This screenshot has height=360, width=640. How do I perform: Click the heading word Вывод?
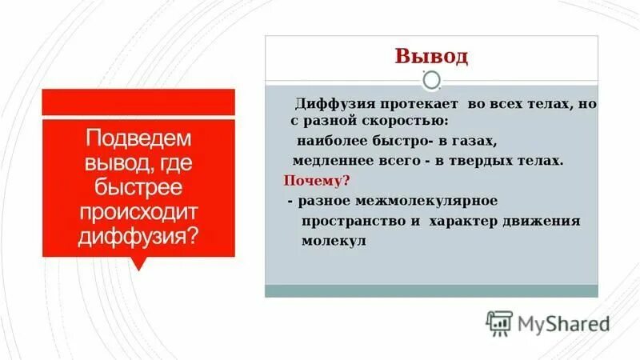[431, 57]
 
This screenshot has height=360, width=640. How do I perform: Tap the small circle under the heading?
[431, 80]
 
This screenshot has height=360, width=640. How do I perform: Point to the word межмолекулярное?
[427, 200]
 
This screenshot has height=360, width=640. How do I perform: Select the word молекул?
[334, 240]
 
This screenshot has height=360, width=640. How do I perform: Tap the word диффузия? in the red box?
[138, 238]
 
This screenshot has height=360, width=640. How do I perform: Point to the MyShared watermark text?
[563, 324]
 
